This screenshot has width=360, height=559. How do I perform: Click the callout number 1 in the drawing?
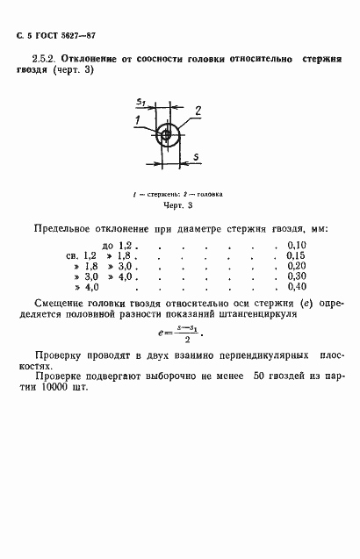139,118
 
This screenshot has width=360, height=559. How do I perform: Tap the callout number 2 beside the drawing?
198,110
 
